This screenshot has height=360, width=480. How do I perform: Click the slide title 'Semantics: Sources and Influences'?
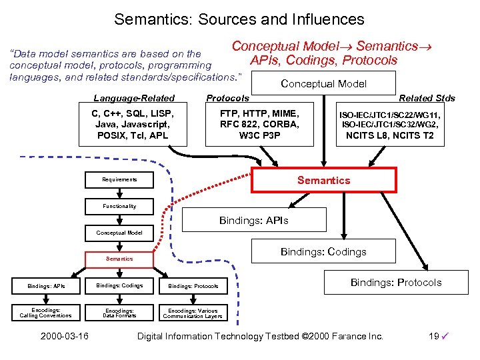(x=239, y=19)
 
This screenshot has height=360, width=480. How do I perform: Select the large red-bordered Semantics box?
(x=323, y=180)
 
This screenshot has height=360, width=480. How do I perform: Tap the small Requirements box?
(x=119, y=180)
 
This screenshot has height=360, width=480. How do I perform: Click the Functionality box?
(x=119, y=206)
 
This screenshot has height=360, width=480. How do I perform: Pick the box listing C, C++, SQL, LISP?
(x=131, y=125)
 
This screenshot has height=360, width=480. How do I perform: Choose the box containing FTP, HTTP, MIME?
(x=259, y=125)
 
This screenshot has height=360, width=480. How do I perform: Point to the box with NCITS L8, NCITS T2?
(x=389, y=125)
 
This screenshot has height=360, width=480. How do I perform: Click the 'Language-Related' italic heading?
(x=133, y=98)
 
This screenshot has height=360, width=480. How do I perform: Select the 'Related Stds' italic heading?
(x=427, y=98)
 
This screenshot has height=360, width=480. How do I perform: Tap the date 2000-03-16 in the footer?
(x=64, y=336)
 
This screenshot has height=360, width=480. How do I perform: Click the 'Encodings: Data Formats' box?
(x=119, y=313)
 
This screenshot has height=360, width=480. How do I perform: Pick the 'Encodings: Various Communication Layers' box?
(x=193, y=313)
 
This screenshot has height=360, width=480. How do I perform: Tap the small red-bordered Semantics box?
(x=119, y=259)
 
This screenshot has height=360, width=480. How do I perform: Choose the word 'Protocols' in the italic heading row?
(x=227, y=98)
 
